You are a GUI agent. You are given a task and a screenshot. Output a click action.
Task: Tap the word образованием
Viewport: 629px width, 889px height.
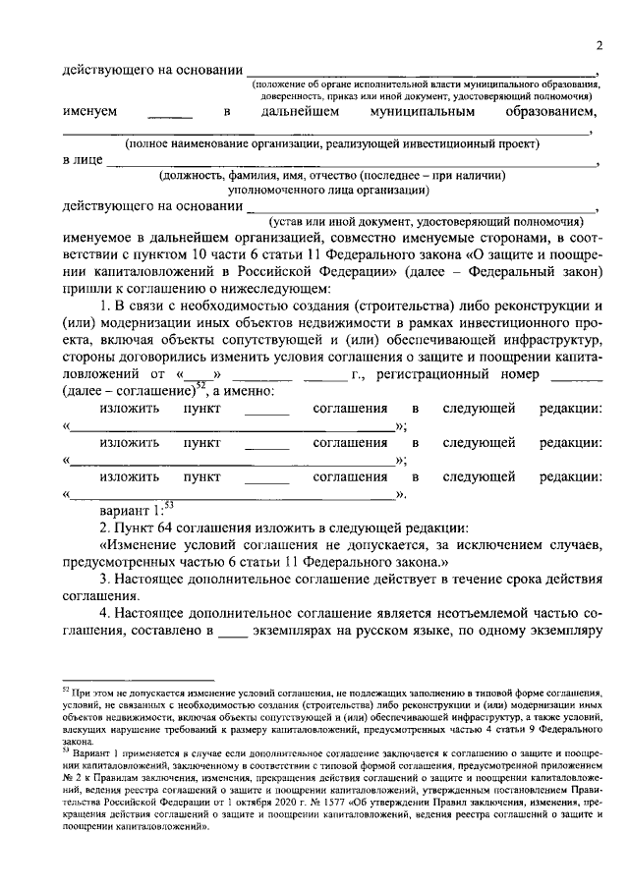coord(550,112)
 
